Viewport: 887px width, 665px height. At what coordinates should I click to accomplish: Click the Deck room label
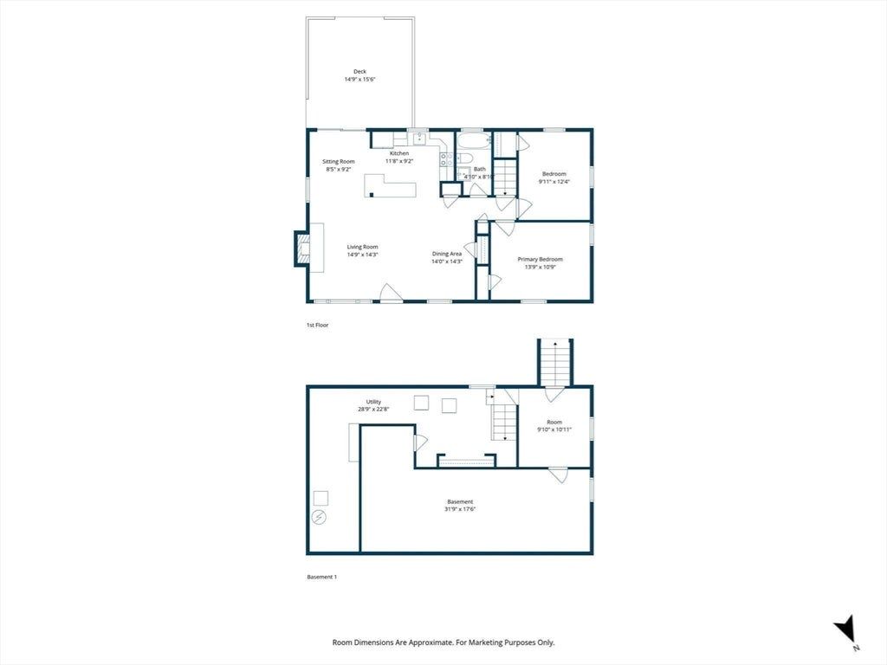[x=359, y=71]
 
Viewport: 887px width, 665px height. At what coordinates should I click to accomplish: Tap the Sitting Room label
[x=339, y=161]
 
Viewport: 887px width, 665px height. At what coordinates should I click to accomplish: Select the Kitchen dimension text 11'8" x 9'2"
[x=399, y=161]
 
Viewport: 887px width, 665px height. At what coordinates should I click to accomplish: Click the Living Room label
[x=363, y=247]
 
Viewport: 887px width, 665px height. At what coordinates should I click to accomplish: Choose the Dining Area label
[x=447, y=254]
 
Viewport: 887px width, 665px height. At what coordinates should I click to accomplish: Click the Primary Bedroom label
[x=541, y=259]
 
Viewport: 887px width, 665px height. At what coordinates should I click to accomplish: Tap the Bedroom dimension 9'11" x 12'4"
[x=554, y=182]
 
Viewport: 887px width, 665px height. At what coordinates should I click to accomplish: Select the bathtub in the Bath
[x=474, y=141]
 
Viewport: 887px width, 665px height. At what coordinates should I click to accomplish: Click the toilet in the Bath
[x=464, y=158]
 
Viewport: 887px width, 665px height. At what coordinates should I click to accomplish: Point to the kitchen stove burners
[x=446, y=159]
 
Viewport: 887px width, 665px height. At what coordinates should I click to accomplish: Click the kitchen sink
[x=419, y=139]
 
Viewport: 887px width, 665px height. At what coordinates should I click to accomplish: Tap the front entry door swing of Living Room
[x=390, y=292]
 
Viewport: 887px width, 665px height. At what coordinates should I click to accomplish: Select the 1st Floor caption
[x=317, y=326]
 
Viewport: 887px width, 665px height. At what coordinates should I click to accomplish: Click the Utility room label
[x=373, y=402]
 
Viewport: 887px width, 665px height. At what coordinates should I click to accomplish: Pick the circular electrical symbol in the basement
[x=320, y=518]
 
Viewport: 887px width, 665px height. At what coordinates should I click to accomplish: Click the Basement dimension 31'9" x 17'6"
[x=460, y=509]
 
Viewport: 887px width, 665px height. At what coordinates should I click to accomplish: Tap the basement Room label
[x=554, y=422]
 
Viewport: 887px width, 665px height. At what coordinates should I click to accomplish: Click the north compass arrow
[x=844, y=629]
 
